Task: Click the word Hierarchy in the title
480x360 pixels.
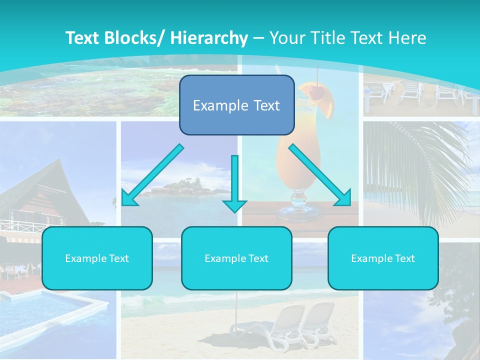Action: (209, 38)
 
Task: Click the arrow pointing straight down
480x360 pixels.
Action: (234, 185)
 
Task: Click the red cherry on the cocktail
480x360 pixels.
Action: (315, 91)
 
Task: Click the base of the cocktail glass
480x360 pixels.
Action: (298, 214)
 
